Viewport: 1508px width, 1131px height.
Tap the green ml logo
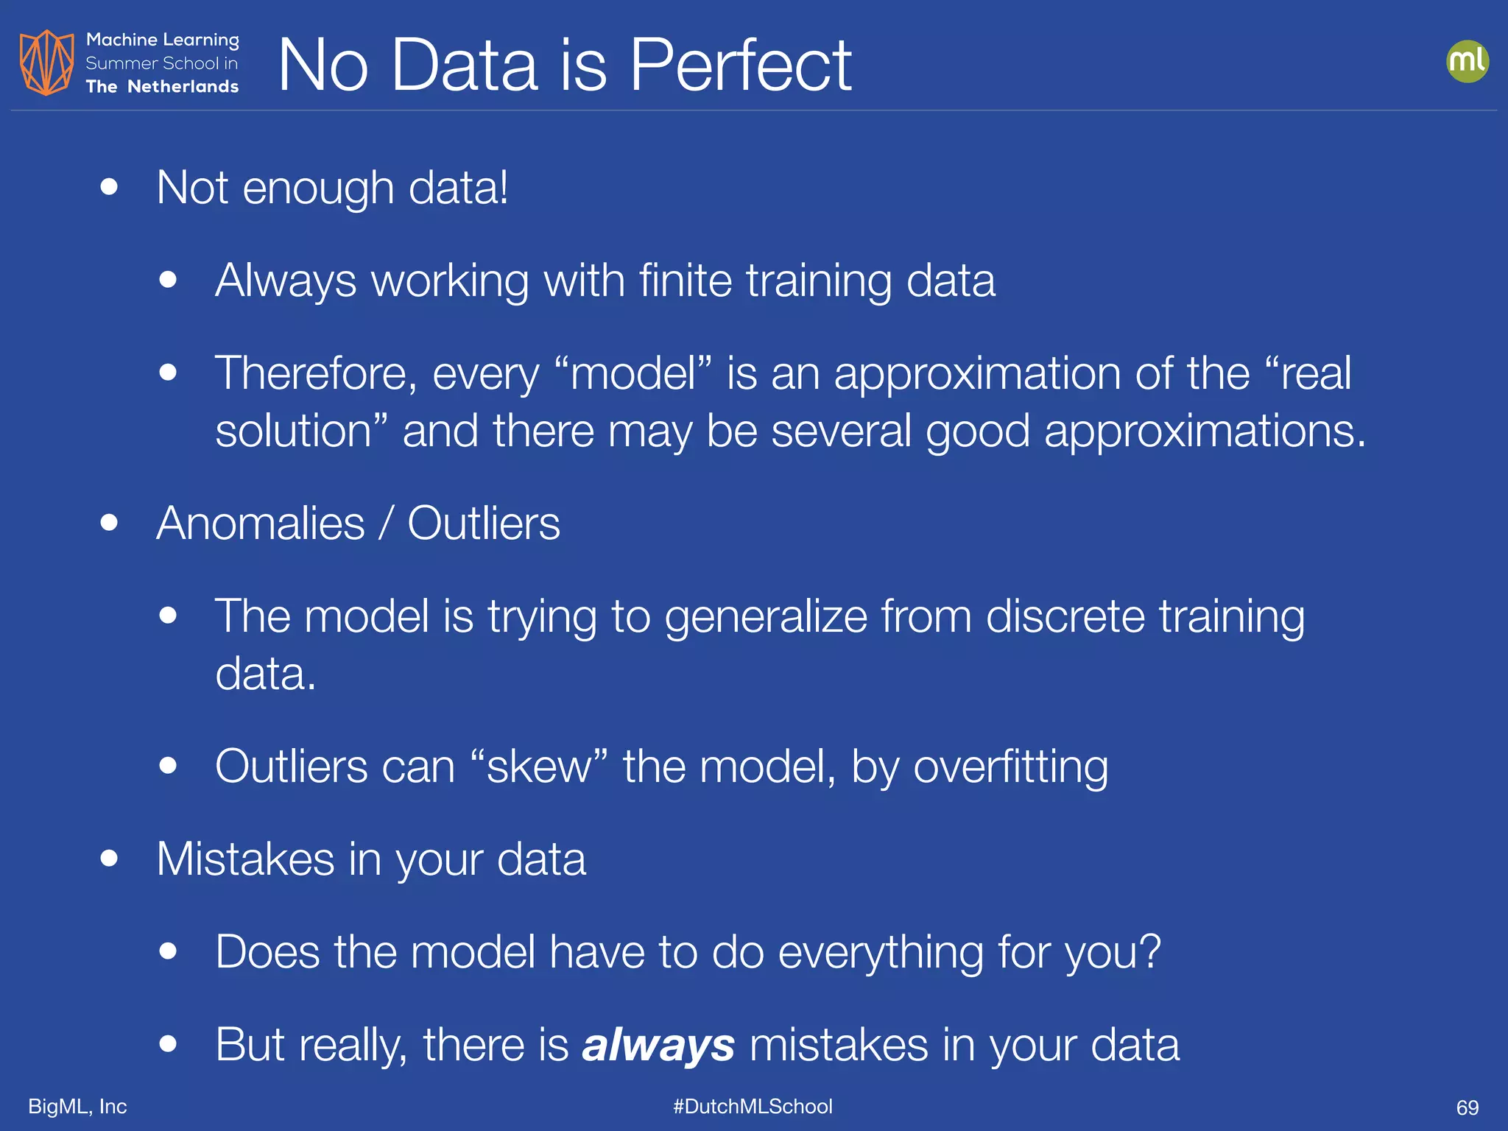coord(1467,61)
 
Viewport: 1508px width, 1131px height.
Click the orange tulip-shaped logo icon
coord(46,63)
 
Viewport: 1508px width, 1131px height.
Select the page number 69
coord(1467,1107)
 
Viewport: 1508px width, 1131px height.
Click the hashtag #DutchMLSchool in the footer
coord(753,1106)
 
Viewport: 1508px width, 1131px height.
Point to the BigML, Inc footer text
coord(77,1106)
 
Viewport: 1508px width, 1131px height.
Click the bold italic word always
coord(658,1044)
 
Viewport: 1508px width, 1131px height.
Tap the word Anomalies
coord(261,524)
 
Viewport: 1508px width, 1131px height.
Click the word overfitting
coord(1010,767)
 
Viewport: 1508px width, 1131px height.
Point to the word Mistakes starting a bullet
coord(245,859)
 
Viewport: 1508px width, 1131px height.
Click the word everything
coord(880,952)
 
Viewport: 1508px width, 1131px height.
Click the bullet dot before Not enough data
coord(109,187)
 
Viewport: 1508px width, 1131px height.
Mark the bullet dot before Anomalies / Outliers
coord(109,523)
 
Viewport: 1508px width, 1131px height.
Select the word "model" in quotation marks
coord(633,373)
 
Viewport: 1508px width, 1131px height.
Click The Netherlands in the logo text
coord(162,87)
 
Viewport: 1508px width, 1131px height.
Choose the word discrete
coord(1065,616)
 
